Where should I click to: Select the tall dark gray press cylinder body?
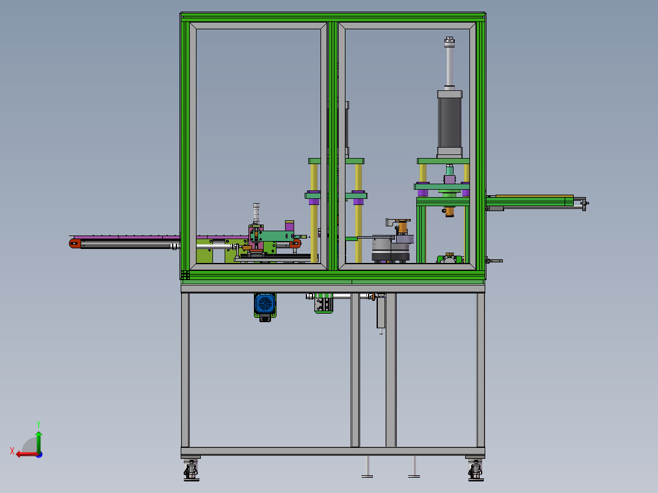coord(449,123)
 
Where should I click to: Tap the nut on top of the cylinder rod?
coord(449,41)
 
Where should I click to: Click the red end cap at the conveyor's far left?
coord(74,243)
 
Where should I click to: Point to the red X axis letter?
coord(12,452)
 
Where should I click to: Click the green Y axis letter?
coord(38,424)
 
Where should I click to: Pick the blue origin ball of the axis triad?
coord(40,455)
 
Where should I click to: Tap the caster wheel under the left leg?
coord(192,470)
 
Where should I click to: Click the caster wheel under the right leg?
coord(475,470)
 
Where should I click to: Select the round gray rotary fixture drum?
coord(390,249)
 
